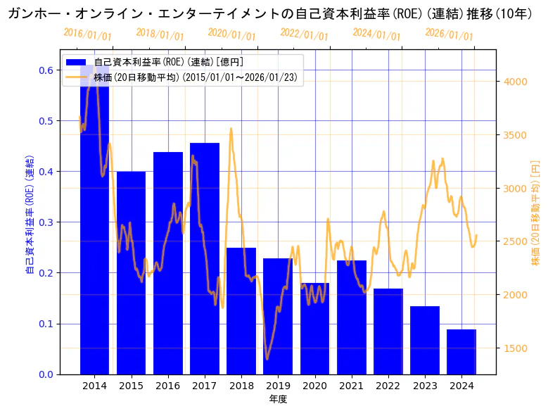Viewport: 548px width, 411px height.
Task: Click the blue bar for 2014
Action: (94, 232)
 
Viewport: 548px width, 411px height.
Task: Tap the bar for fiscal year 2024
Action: (461, 352)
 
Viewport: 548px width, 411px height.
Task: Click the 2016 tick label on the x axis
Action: (168, 386)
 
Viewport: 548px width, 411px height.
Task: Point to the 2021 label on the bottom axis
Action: (352, 386)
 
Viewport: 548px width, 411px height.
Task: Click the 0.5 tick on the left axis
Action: (46, 121)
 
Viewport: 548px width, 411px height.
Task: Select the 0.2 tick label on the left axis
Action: (46, 273)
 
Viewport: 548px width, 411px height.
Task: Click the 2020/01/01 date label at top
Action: (233, 34)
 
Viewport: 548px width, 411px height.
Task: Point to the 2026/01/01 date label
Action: (450, 34)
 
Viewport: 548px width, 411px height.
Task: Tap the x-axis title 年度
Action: (278, 399)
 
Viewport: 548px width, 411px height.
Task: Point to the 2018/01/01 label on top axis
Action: (160, 34)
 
